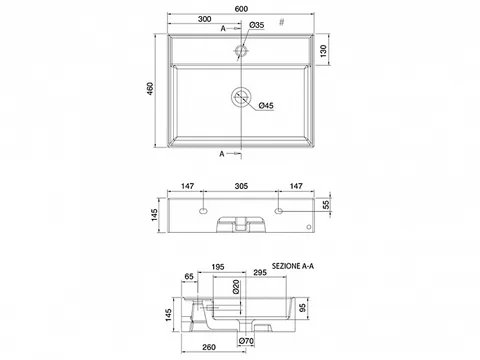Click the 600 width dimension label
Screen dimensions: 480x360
pyautogui.click(x=241, y=9)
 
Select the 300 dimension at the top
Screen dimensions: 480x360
pyautogui.click(x=204, y=19)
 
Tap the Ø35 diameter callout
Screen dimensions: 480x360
pyautogui.click(x=257, y=25)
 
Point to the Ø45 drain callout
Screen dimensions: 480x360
pyautogui.click(x=266, y=106)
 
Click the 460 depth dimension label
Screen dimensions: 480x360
pyautogui.click(x=150, y=89)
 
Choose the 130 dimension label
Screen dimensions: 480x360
pyautogui.click(x=323, y=51)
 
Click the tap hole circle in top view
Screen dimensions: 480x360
pyautogui.click(x=241, y=51)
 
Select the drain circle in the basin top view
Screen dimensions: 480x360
pyautogui.click(x=241, y=97)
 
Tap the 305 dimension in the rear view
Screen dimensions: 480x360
pyautogui.click(x=241, y=186)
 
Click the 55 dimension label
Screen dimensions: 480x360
pyautogui.click(x=327, y=204)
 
